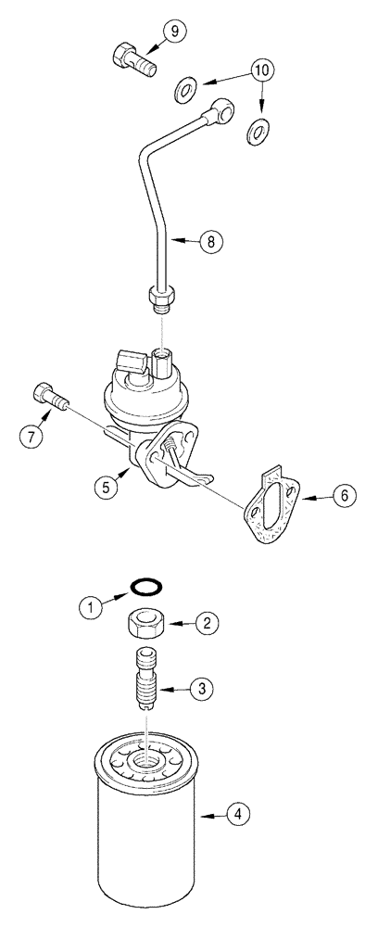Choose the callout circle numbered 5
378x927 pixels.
tap(109, 486)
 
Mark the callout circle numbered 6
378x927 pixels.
tap(343, 497)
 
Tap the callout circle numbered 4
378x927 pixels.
tap(240, 815)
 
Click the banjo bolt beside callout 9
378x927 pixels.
tap(132, 59)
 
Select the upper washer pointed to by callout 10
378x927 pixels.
tap(186, 90)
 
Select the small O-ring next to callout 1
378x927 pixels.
tap(144, 588)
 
